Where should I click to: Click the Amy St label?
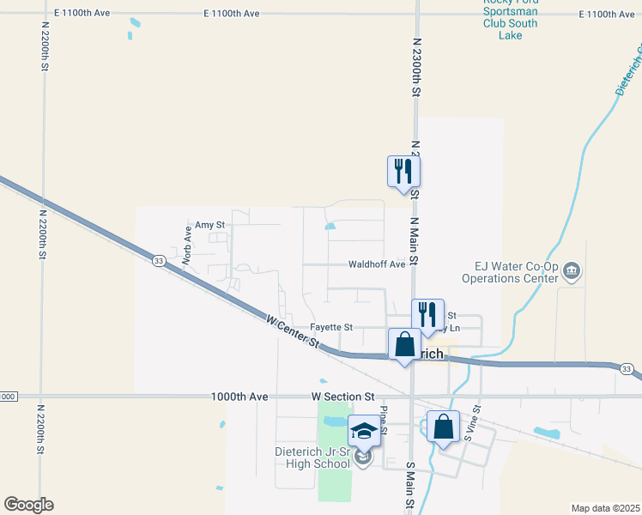pyautogui.click(x=209, y=225)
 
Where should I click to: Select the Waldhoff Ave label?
pyautogui.click(x=376, y=264)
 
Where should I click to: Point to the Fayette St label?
pyautogui.click(x=331, y=327)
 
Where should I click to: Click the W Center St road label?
pyautogui.click(x=292, y=330)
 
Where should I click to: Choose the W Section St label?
pyautogui.click(x=342, y=397)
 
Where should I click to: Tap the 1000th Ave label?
pyautogui.click(x=239, y=397)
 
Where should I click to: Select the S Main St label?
pyautogui.click(x=410, y=486)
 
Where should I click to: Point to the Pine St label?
pyautogui.click(x=385, y=420)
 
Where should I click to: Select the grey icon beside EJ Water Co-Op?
pyautogui.click(x=572, y=273)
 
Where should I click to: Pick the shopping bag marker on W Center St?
pyautogui.click(x=403, y=344)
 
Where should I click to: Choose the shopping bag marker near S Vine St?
pyautogui.click(x=443, y=427)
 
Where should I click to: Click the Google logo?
pyautogui.click(x=28, y=505)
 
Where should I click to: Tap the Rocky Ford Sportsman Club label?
pyautogui.click(x=510, y=13)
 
